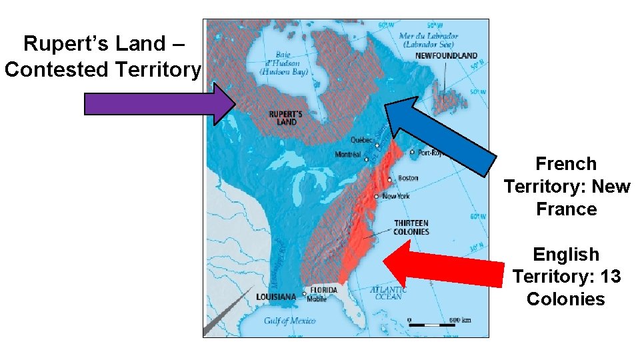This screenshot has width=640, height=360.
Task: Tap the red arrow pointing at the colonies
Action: click(443, 267)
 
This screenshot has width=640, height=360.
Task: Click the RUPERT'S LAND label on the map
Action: click(286, 118)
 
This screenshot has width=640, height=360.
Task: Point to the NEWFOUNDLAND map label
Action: click(446, 55)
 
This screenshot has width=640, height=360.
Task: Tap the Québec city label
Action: click(362, 140)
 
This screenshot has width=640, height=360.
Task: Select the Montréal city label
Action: click(348, 155)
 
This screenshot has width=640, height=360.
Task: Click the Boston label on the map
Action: click(408, 178)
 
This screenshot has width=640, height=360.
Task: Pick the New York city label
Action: click(397, 196)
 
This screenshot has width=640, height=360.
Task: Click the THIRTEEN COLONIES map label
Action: click(411, 227)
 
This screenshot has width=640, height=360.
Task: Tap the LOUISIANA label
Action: click(276, 297)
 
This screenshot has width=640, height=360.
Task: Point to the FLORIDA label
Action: click(323, 290)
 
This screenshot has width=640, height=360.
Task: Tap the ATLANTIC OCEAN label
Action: click(389, 293)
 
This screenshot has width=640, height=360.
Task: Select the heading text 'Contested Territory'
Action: click(103, 69)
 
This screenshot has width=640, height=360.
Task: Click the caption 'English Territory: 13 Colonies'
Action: click(566, 276)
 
